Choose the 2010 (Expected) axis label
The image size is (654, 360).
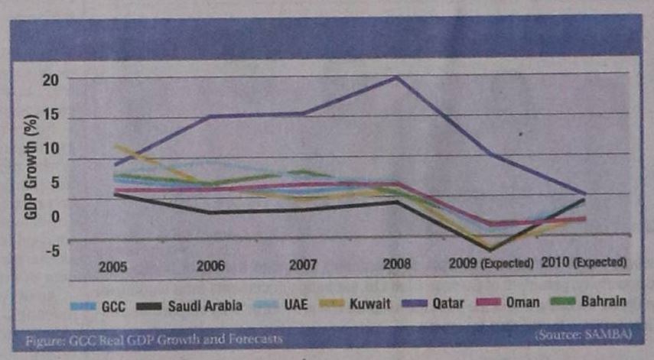point(584,261)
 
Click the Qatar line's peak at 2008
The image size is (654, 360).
point(397,76)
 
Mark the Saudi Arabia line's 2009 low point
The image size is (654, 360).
point(489,249)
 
